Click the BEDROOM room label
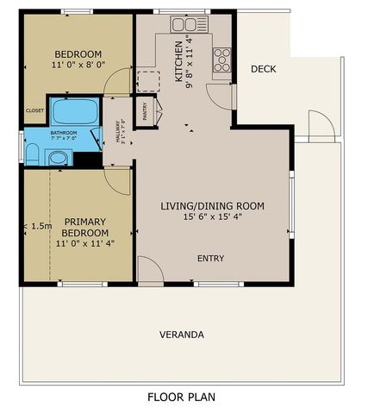tap(78, 53)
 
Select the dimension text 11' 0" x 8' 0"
tap(78, 65)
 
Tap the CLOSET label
tap(34, 110)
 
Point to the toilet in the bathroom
tap(32, 155)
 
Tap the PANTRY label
tap(145, 110)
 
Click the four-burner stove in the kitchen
tap(221, 59)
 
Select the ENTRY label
tap(211, 258)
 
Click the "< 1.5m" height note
tap(36, 226)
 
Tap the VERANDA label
tap(182, 334)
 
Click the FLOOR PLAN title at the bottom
tap(181, 398)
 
